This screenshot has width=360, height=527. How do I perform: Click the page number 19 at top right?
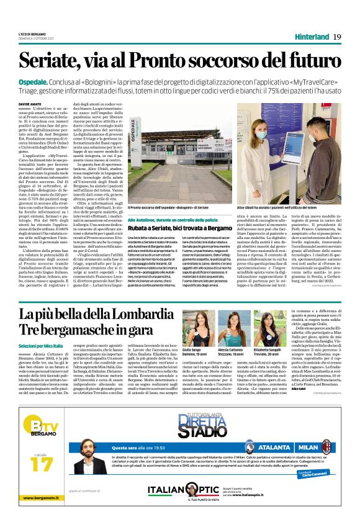click(x=337, y=37)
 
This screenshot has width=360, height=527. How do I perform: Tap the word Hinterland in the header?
click(x=312, y=37)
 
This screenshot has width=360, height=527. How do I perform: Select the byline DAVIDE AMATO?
click(x=29, y=104)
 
